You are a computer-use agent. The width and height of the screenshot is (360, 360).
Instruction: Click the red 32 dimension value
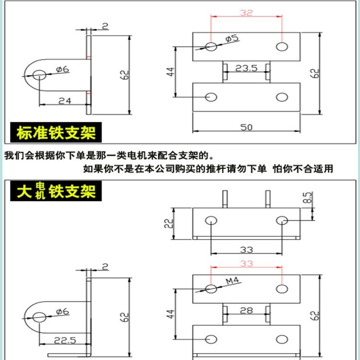[246, 13]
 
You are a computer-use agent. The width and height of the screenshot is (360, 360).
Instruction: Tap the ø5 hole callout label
[231, 38]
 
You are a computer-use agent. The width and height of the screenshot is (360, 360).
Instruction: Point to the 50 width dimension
[246, 127]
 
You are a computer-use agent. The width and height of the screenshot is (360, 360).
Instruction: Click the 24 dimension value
[64, 100]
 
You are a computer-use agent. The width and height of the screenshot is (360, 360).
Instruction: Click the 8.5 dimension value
[308, 197]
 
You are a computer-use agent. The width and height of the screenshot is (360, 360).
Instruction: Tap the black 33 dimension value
[246, 249]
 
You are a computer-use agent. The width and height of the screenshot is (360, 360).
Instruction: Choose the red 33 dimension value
[246, 264]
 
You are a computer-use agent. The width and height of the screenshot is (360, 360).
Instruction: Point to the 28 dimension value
[247, 310]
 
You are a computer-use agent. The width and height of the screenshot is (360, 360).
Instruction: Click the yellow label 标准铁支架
[56, 132]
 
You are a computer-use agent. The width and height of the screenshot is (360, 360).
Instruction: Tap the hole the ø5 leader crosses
[211, 46]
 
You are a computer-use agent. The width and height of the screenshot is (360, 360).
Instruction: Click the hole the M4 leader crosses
[211, 288]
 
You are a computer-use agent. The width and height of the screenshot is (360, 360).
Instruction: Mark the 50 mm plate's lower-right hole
[282, 97]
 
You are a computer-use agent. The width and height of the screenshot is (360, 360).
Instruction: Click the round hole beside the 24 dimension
[39, 75]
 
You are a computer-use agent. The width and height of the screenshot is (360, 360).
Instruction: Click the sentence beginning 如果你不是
[207, 168]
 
